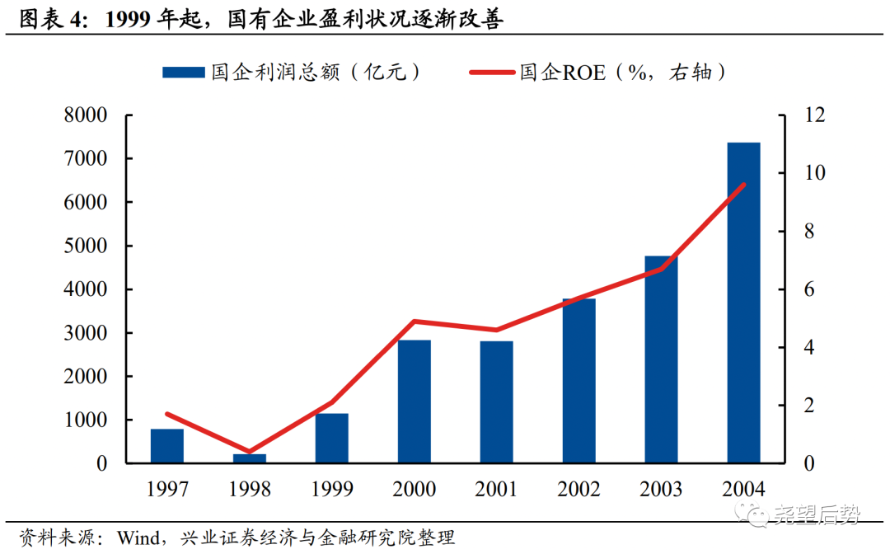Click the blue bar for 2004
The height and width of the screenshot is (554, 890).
(743, 303)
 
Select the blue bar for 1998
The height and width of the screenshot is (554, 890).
(249, 458)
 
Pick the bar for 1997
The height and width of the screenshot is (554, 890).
(166, 446)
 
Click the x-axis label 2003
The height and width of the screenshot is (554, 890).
(661, 489)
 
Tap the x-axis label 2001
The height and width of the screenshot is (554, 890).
(496, 489)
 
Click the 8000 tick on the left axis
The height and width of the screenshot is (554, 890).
(86, 115)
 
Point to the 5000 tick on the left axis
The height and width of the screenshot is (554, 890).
(86, 246)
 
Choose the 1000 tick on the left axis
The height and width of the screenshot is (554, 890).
(86, 420)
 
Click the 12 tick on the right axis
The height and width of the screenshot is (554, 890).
(792, 115)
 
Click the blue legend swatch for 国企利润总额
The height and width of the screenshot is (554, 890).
(183, 73)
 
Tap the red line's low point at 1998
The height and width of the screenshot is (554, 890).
(249, 452)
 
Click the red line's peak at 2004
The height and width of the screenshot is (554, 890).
(743, 185)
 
